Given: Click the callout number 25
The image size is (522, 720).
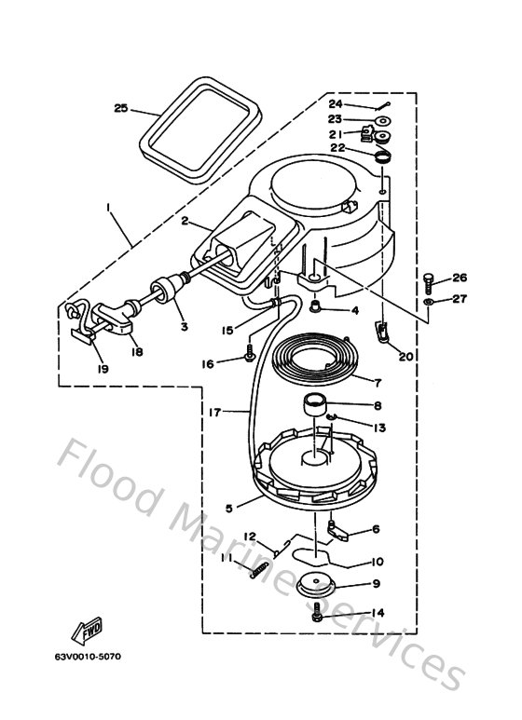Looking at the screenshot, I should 120,108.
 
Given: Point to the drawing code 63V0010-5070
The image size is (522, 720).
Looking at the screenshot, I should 87,657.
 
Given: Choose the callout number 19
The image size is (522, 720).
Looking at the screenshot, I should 103,369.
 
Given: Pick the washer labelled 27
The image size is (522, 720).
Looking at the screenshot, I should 427,303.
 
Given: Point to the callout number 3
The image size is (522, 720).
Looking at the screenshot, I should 184,327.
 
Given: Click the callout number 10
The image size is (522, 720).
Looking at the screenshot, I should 378,562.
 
